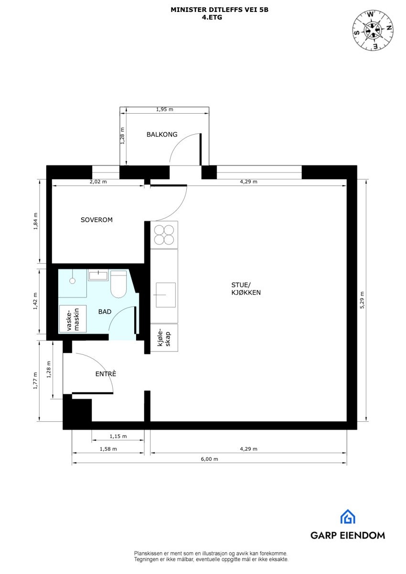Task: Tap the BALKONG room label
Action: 162,135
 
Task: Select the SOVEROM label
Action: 96,220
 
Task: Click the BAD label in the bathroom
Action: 105,312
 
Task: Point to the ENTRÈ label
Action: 106,374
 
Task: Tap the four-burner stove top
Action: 164,234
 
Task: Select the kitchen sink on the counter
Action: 165,295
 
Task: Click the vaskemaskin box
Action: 73,319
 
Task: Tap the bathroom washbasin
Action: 99,276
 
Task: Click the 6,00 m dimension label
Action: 209,459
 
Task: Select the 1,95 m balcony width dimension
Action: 164,109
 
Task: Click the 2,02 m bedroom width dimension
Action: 98,182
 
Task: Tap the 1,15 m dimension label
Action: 118,436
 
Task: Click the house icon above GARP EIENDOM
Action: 347,517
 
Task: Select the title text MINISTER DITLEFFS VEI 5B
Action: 219,10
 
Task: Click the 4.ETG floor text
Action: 212,17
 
